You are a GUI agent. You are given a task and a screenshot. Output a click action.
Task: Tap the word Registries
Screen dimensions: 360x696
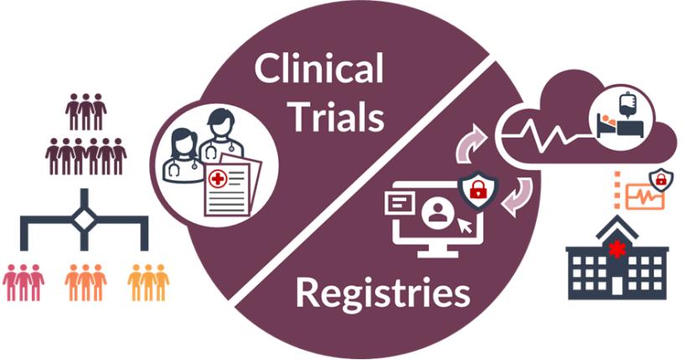(382, 294)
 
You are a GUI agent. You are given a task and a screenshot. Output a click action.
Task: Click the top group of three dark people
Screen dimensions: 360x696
(85, 111)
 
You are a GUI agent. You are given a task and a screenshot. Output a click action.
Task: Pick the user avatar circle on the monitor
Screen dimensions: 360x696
(435, 212)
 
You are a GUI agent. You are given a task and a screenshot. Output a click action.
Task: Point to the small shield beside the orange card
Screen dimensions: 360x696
(662, 178)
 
